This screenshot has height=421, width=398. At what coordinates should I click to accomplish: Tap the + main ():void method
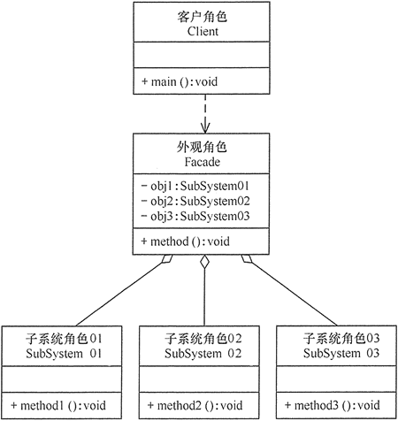tap(181, 82)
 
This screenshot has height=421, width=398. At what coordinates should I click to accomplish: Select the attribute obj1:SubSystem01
tap(195, 186)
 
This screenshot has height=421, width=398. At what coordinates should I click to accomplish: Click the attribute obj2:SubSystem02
tap(195, 201)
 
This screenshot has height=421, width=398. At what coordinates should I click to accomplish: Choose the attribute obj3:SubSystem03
tap(195, 216)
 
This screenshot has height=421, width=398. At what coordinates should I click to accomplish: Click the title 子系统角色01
tap(64, 339)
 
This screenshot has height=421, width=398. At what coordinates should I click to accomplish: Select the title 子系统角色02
tap(203, 339)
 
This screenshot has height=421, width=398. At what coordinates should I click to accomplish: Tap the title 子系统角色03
tap(341, 339)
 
